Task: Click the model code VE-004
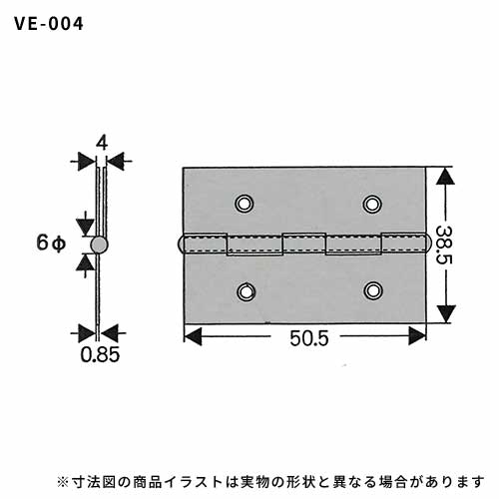pyautogui.click(x=49, y=24)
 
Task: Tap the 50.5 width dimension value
pyautogui.click(x=309, y=338)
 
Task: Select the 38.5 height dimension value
pyautogui.click(x=444, y=245)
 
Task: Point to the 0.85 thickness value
pyautogui.click(x=100, y=354)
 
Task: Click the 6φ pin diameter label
pyautogui.click(x=51, y=243)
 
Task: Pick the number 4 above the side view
pyautogui.click(x=102, y=144)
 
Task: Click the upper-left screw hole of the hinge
pyautogui.click(x=245, y=203)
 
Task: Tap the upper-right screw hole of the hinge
pyautogui.click(x=372, y=204)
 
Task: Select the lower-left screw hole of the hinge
pyautogui.click(x=246, y=291)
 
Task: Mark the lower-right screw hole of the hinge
pyautogui.click(x=373, y=290)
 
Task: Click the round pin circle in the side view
pyautogui.click(x=99, y=246)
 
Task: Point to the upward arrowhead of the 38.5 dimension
pyautogui.click(x=445, y=177)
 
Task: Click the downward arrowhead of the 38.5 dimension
pyautogui.click(x=445, y=313)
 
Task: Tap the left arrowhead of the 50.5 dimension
pyautogui.click(x=193, y=336)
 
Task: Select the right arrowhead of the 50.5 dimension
pyautogui.click(x=417, y=335)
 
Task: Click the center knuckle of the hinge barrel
pyautogui.click(x=303, y=243)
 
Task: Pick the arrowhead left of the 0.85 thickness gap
pyautogui.click(x=87, y=333)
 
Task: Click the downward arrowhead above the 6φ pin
pyautogui.click(x=84, y=228)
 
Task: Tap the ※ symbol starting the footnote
pyautogui.click(x=62, y=482)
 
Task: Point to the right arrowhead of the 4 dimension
pyautogui.click(x=116, y=162)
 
